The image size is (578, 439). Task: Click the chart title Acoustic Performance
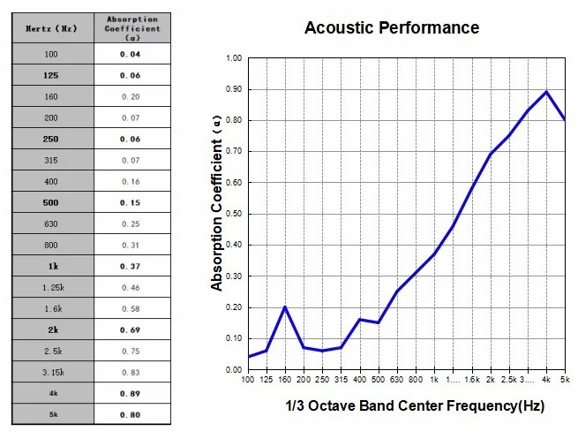[x=391, y=28]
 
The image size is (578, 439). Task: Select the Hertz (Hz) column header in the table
[x=50, y=28]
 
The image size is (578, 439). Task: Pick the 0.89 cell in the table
[x=131, y=393]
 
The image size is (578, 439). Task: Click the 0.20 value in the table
[x=131, y=96]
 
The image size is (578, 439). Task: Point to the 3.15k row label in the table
[x=50, y=372]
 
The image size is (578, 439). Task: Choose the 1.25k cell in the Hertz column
[x=50, y=287]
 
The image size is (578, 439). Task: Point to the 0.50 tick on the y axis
[x=233, y=214]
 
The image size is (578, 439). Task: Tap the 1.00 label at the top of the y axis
[x=233, y=58]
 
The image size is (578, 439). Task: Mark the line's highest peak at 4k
[x=546, y=92]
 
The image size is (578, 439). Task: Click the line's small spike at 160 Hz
[x=285, y=307]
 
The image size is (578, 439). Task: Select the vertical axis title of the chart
[x=217, y=214]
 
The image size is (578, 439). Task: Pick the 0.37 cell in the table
[x=131, y=266]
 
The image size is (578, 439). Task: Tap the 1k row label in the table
[x=50, y=266]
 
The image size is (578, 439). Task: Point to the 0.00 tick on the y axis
[x=233, y=369]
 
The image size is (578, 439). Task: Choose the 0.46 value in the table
[x=131, y=287]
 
